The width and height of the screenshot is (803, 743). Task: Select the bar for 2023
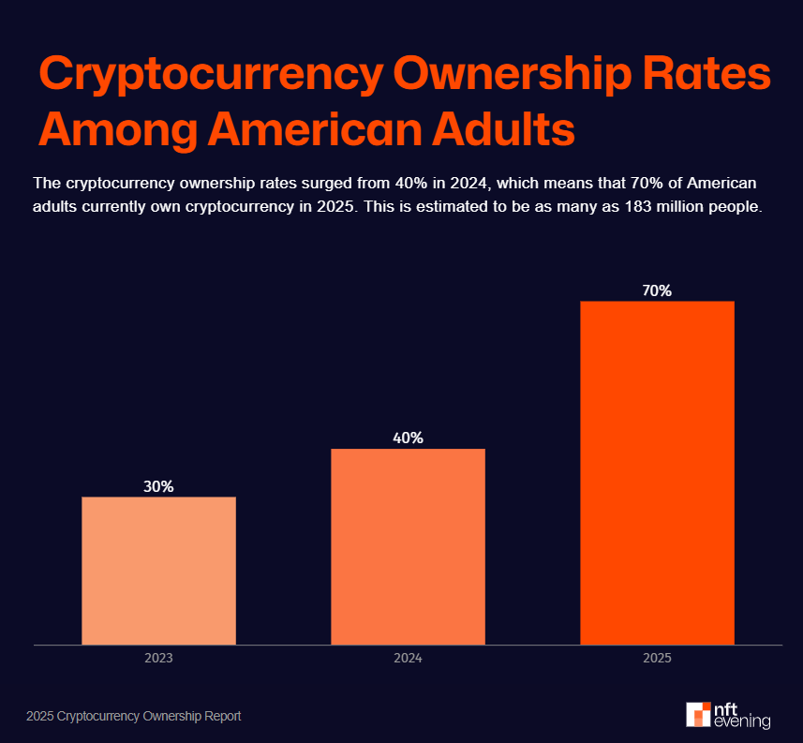[158, 571]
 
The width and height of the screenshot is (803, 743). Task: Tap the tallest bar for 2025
[657, 473]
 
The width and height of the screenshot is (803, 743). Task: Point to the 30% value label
[158, 486]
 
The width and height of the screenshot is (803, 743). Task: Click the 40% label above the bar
[408, 438]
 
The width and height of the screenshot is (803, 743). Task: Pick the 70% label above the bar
[657, 290]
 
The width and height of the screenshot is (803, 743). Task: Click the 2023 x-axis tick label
[158, 659]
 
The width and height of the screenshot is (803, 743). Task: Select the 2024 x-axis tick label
[408, 659]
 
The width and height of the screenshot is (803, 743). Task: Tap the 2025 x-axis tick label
[657, 659]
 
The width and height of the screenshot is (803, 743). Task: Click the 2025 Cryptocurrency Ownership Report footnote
[134, 716]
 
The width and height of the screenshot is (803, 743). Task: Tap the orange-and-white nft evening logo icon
[698, 714]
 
